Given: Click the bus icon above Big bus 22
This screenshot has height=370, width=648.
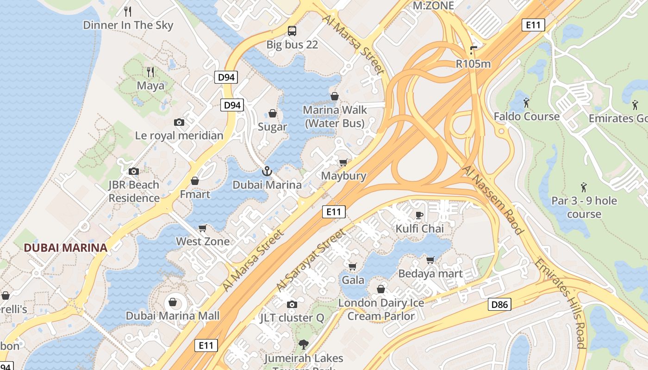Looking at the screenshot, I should point(292,31).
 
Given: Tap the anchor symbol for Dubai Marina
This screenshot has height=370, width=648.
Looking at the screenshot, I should point(267,171).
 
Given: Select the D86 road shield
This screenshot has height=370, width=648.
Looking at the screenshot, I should point(499,304).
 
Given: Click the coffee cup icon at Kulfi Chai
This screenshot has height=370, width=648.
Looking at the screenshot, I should point(419,215).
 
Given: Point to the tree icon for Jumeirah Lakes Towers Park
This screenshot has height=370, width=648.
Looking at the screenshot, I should point(304,344).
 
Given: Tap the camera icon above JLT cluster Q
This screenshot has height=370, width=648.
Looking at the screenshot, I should point(292,304).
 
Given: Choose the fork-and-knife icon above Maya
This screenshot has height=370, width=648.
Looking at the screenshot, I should point(150,72).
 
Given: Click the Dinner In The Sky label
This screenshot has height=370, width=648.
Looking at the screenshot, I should point(128,25).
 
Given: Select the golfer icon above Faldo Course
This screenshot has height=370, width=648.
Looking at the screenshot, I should point(526,102).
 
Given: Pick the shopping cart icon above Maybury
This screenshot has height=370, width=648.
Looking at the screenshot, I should point(343,162).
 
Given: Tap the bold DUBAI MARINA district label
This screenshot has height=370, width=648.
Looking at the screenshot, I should point(65,247).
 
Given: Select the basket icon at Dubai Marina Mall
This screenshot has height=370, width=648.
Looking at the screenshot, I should point(173,302).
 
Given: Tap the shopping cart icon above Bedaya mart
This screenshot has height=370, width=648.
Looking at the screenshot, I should point(430,260).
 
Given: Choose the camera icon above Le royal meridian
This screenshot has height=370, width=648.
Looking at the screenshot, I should point(179,122).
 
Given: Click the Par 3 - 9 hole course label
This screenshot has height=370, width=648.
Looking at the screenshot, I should point(584,207).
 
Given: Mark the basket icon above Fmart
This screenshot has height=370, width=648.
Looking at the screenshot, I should point(195,180).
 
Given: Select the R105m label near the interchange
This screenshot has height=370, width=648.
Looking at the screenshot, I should point(473,64).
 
